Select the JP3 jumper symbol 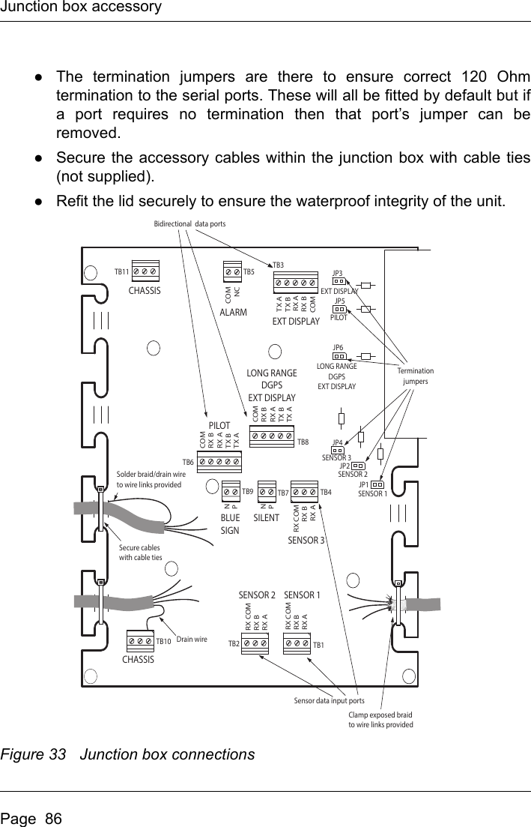(x=339, y=282)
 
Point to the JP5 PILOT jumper (x=339, y=308)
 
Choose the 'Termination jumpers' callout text (x=415, y=376)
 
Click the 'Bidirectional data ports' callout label (x=189, y=223)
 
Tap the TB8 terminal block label (x=303, y=442)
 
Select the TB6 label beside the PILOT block (x=188, y=462)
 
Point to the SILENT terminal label (x=266, y=518)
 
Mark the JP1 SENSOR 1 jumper (x=377, y=484)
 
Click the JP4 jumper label (x=338, y=442)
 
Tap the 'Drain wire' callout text (x=191, y=640)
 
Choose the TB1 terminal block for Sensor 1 (x=297, y=643)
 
